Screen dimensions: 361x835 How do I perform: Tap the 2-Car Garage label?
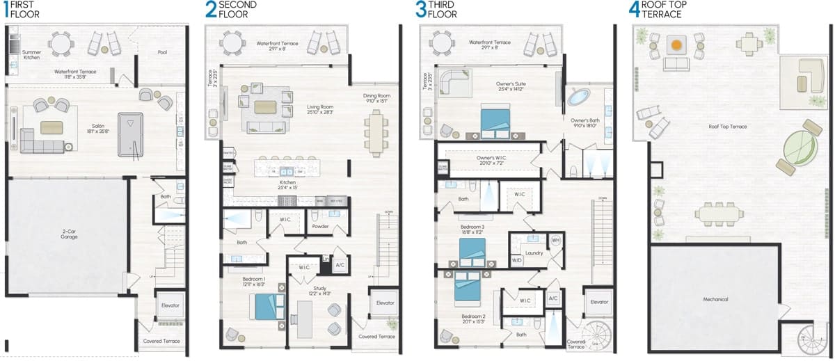pos(68,234)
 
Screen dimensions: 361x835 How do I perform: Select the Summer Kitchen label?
pos(31,55)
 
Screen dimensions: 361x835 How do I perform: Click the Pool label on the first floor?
pos(162,52)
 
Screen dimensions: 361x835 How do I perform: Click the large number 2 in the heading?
pos(211,9)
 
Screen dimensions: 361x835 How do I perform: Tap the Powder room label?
pos(321,226)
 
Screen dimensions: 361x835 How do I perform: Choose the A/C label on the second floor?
pos(340,265)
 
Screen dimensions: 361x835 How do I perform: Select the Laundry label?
pos(534,252)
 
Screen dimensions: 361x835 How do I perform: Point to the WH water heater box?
pos(555,240)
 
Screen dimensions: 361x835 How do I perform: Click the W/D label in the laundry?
pos(517,260)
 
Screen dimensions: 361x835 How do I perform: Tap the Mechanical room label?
pos(715,299)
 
